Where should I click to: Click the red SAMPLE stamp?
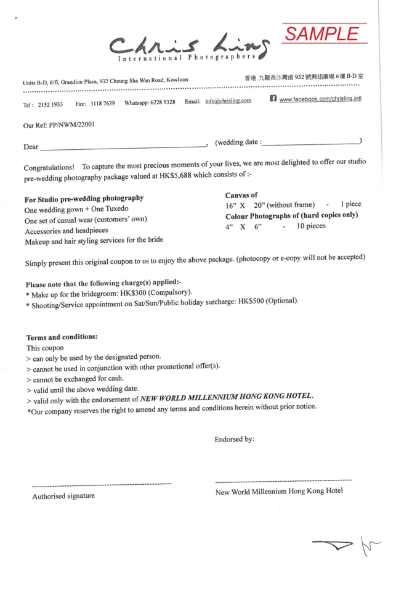point(324,34)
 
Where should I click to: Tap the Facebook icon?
point(273,99)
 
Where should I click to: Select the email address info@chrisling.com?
point(228,101)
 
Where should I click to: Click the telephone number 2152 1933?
point(51,105)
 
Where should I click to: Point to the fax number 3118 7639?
point(102,104)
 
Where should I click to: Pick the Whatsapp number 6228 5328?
point(163,102)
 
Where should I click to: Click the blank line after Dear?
point(123,146)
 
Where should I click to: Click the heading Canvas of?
point(241,195)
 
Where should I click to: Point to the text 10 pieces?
point(311,226)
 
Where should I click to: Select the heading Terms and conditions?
point(62,337)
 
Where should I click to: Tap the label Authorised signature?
point(63,496)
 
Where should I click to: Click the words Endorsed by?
point(234,440)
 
